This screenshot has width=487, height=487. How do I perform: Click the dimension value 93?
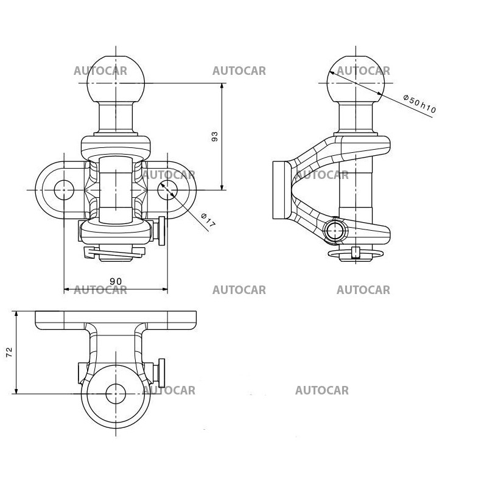214,137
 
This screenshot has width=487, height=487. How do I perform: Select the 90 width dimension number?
116,281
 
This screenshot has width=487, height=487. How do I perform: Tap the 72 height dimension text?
10,352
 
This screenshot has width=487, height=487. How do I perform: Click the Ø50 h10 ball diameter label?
420,105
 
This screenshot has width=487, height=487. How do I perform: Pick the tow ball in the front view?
116,82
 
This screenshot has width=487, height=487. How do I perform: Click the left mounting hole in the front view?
63,190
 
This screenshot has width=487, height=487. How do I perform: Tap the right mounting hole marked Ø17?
167,190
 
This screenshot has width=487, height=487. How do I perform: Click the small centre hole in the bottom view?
116,394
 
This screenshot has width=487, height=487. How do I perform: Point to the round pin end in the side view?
334,231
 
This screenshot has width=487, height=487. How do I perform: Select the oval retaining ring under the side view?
355,253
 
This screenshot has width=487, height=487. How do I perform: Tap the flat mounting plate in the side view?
281,190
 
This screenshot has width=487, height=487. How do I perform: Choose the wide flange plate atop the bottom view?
116,319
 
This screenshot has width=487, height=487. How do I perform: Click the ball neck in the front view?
116,119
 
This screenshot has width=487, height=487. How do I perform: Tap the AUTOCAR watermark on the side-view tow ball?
363,71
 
